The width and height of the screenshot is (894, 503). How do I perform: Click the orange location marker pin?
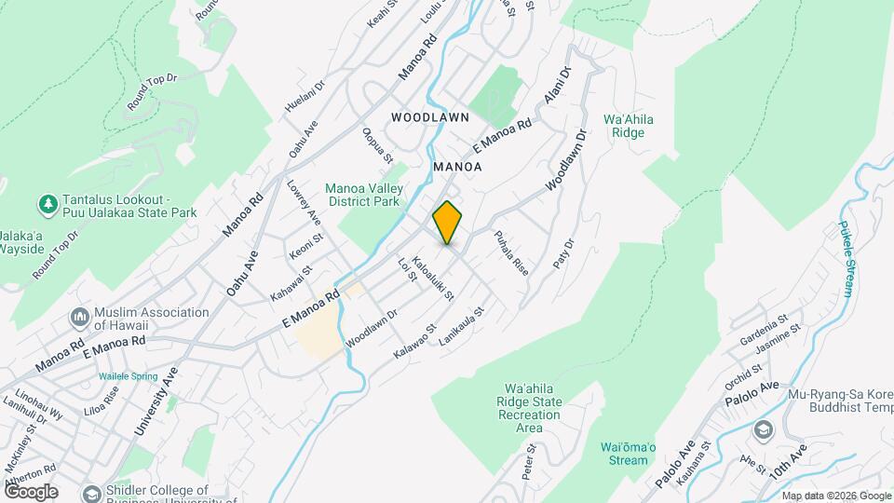448,221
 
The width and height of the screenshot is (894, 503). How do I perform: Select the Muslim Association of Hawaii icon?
80,319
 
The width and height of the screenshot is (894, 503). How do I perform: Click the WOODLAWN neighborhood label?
429,118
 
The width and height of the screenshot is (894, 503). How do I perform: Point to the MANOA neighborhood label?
457,167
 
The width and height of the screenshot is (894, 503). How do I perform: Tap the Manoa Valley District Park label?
362,195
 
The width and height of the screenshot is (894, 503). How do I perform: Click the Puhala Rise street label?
511,252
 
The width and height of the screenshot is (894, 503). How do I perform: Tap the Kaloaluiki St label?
433,279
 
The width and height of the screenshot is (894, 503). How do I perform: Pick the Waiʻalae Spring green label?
129,377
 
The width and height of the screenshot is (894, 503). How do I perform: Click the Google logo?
31,491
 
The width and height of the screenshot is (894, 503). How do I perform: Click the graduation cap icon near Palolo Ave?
764,429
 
